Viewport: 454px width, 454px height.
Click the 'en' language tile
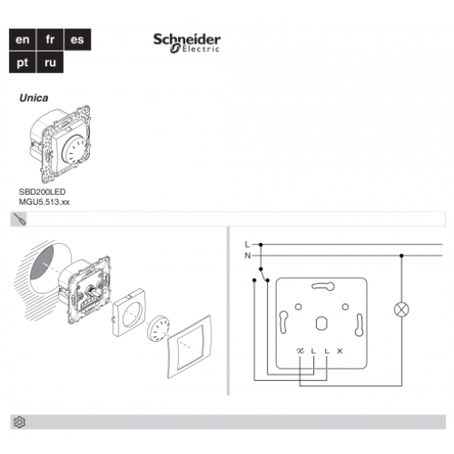pyautogui.click(x=22, y=39)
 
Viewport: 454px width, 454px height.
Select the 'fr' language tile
pyautogui.click(x=50, y=39)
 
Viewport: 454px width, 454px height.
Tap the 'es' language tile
pyautogui.click(x=77, y=39)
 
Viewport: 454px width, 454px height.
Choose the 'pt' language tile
pyautogui.click(x=22, y=62)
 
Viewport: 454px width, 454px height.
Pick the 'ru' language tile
pyautogui.click(x=50, y=62)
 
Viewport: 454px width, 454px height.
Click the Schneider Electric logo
pyautogui.click(x=187, y=44)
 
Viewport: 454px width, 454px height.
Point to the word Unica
pyautogui.click(x=34, y=98)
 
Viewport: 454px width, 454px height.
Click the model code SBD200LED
pyautogui.click(x=42, y=191)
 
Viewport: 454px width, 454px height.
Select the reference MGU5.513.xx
pyautogui.click(x=45, y=202)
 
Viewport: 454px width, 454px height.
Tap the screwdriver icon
pyautogui.click(x=19, y=219)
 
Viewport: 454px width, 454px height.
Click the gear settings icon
pyautogui.click(x=20, y=422)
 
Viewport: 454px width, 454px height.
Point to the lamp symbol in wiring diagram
pyautogui.click(x=401, y=310)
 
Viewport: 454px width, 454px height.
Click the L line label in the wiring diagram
pyautogui.click(x=247, y=245)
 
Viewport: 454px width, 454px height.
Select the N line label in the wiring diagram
pyautogui.click(x=247, y=255)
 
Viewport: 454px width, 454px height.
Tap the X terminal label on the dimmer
pyautogui.click(x=340, y=351)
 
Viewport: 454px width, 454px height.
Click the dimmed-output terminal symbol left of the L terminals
pyautogui.click(x=300, y=351)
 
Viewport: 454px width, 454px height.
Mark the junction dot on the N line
pyautogui.click(x=401, y=255)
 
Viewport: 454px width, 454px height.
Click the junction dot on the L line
pyautogui.click(x=261, y=245)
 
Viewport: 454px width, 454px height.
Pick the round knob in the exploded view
pyautogui.click(x=158, y=328)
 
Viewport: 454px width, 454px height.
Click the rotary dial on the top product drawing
pyautogui.click(x=77, y=150)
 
